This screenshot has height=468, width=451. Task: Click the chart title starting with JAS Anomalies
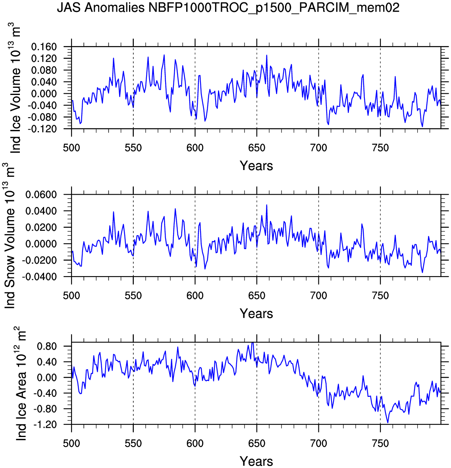228,8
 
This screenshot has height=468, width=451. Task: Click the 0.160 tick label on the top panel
44,47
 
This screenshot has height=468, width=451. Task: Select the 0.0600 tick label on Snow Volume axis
41,195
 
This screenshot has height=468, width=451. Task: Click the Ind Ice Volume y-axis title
15,88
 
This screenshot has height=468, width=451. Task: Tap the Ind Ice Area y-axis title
21,383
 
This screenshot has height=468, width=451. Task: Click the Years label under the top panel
256,166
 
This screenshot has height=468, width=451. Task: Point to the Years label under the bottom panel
256,461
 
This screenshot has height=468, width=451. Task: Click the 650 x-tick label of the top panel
256,148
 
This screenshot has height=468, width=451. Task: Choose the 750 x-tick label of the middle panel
380,296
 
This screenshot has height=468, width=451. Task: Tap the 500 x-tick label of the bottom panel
71,444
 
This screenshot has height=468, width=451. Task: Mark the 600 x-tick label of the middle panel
195,296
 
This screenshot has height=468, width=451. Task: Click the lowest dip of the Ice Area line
388,423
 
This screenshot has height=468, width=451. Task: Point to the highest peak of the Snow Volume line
266,205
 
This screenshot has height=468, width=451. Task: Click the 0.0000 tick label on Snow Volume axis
41,244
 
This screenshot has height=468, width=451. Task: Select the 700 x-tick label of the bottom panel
318,444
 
